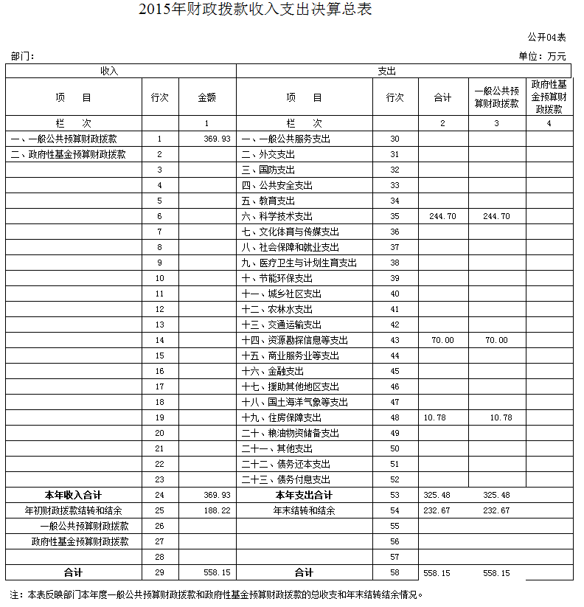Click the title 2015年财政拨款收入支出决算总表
coord(255,10)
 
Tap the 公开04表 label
coord(546,37)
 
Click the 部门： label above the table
coord(23,56)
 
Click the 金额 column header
coord(206,97)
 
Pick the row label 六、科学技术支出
coord(277,216)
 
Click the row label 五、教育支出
coord(268,201)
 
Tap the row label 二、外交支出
coord(268,154)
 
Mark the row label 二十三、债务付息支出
coord(286,479)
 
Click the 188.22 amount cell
coord(217,510)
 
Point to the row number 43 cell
coord(394,340)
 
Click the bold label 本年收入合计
coord(73,495)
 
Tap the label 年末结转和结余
coord(304,510)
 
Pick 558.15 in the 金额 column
coord(217,572)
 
